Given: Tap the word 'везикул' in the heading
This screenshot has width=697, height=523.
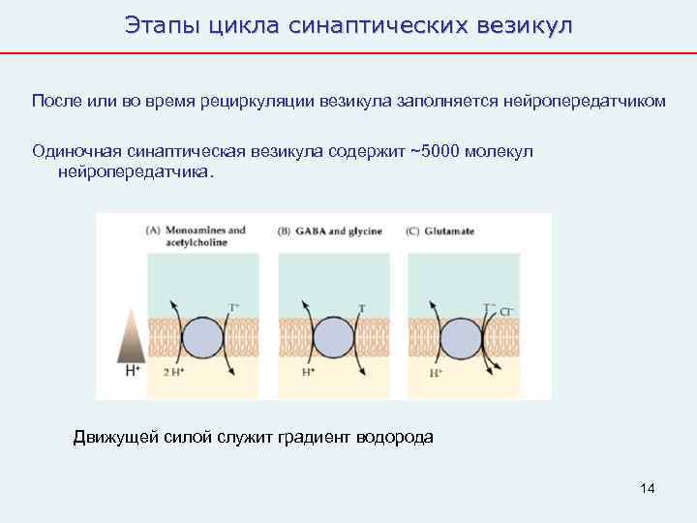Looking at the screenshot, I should (x=523, y=26).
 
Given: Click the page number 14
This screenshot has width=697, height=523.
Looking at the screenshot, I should (x=648, y=488).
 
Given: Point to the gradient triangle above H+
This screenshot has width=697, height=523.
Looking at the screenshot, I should (x=128, y=337).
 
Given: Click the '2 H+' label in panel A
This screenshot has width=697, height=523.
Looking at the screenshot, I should (x=172, y=372).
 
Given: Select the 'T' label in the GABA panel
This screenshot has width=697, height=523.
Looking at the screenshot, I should (x=361, y=308).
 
